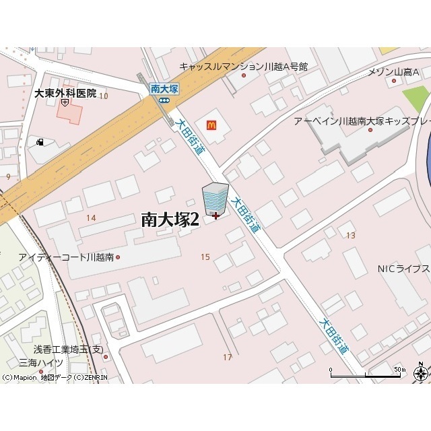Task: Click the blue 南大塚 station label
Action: coord(164,88)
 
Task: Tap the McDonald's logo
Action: coord(211,124)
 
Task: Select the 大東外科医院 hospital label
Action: coord(65,94)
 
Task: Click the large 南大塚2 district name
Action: coord(170,219)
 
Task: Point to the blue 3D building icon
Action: coord(215,199)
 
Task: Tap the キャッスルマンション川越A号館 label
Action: coord(243,67)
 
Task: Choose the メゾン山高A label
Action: coord(393,72)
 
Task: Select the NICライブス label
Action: coord(403,269)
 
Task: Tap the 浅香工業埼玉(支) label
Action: coord(70,350)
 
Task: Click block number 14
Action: coord(91,218)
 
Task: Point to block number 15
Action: coord(205,257)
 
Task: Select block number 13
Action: coord(350,235)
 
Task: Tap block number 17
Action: coord(227,357)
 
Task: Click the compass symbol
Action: coord(421,372)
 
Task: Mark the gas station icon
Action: coord(41,142)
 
